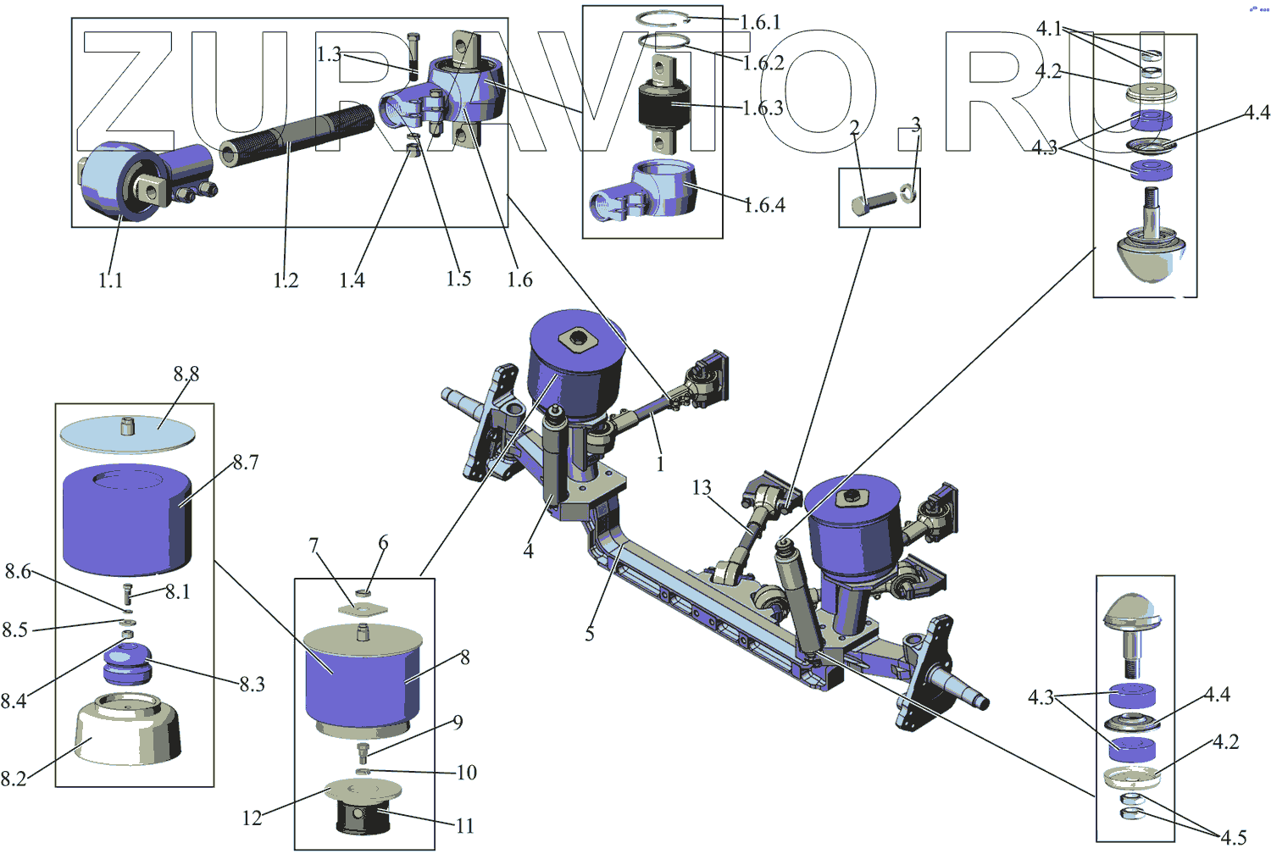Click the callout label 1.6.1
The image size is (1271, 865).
760,23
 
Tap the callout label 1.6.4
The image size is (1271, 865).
764,205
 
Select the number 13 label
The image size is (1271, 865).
702,487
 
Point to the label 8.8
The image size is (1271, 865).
186,374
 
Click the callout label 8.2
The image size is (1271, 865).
14,779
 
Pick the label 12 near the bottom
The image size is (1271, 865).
252,818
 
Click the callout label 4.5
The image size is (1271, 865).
1234,837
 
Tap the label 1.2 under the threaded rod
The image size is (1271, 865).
286,280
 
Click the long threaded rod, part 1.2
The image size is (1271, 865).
297,134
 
